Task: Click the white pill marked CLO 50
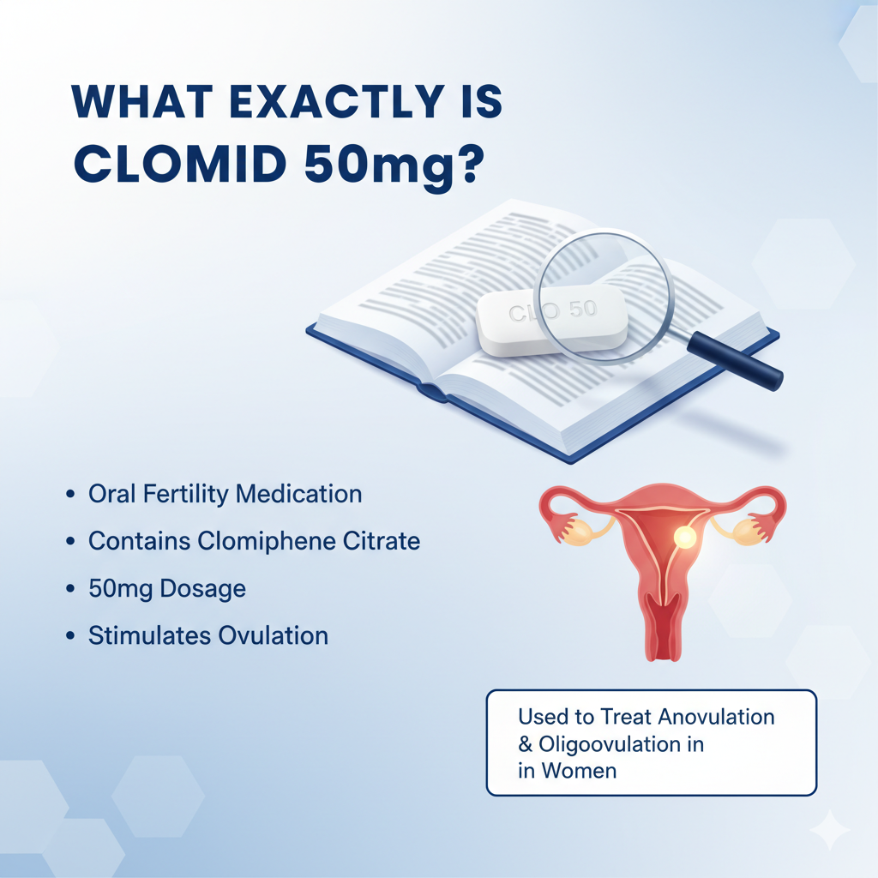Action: point(552,319)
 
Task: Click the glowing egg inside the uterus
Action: point(685,537)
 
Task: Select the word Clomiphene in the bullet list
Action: point(262,542)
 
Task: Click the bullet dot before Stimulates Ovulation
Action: point(69,637)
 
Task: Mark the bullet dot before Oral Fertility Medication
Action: point(69,496)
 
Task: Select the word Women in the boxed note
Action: point(579,771)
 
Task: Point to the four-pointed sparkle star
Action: point(829,829)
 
